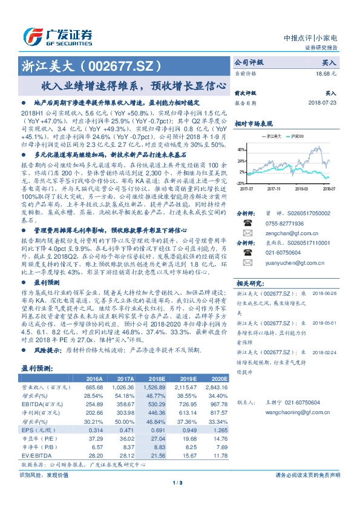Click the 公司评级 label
[x=248, y=62]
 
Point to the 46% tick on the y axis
[x=241, y=149]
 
